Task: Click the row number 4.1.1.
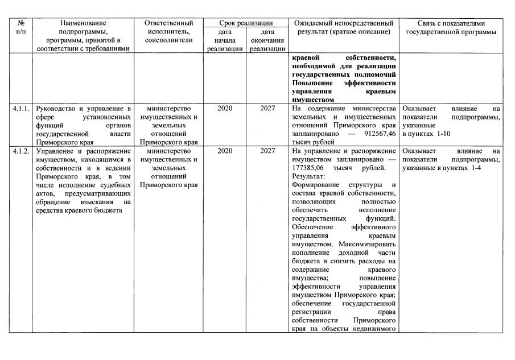tap(21, 108)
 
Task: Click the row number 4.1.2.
tap(21, 151)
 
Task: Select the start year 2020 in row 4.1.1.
tap(225, 108)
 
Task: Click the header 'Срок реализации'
tap(246, 23)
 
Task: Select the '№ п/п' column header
tap(21, 27)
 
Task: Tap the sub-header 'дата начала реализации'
tap(225, 40)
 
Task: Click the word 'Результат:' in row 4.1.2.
tap(307, 176)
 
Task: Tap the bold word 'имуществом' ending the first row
tap(312, 99)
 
